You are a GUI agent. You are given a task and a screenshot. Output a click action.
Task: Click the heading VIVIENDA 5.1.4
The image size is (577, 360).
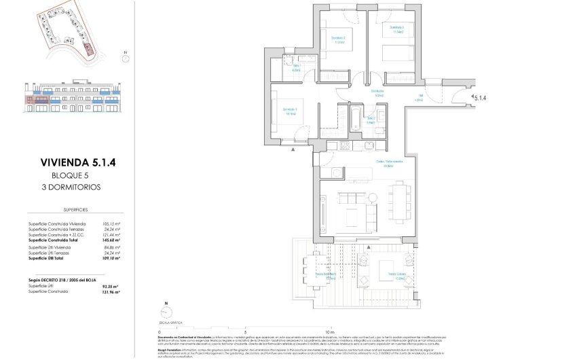tap(74, 162)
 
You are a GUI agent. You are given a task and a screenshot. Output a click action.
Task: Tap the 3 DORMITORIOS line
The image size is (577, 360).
tap(74, 186)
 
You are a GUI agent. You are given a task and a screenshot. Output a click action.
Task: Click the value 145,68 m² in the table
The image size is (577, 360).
tap(111, 240)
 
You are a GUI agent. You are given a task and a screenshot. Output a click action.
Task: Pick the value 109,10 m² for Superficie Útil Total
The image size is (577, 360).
tap(111, 259)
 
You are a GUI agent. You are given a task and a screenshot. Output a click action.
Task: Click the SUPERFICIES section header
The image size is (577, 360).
tap(74, 211)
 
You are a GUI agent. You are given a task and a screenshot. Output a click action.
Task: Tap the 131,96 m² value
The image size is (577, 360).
tap(111, 293)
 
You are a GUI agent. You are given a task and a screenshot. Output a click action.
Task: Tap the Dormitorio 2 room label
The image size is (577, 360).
tap(338, 39)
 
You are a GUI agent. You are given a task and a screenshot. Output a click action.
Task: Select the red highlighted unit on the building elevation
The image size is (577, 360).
tap(34, 103)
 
